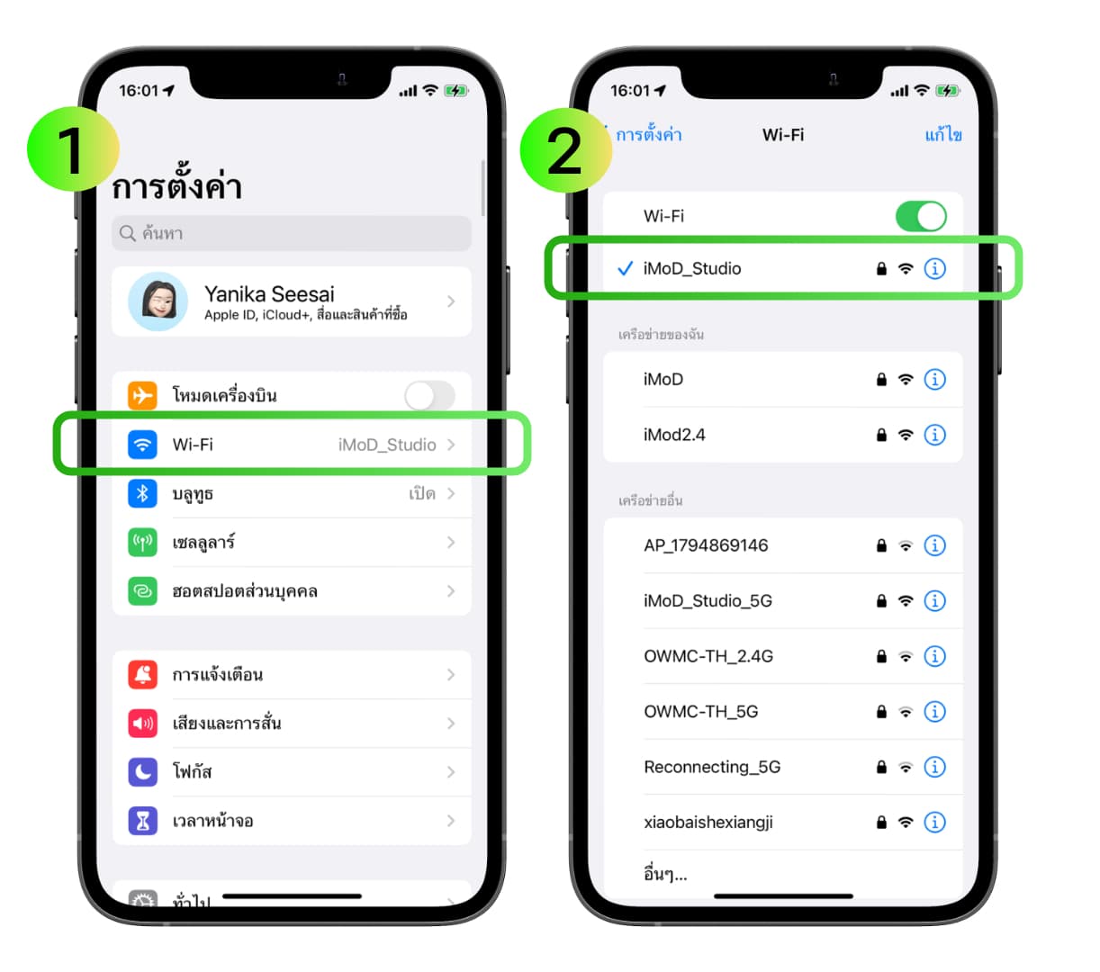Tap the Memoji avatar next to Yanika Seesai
tap(158, 301)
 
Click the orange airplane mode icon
tap(143, 395)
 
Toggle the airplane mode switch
tap(429, 395)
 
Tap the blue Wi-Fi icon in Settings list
tap(143, 445)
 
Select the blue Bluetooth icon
tap(143, 493)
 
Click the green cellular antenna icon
tap(143, 543)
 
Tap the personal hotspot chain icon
tap(143, 591)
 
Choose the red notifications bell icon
tap(143, 675)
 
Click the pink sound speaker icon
tap(143, 724)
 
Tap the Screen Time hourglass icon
tap(143, 822)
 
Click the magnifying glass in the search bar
tap(128, 233)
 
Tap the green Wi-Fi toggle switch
tap(921, 216)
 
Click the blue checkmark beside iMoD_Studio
tap(626, 268)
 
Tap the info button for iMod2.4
tap(934, 435)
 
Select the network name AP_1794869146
tap(706, 545)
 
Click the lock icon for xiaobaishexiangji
tap(881, 823)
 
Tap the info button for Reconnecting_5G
tap(934, 768)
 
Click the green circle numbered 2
tap(565, 150)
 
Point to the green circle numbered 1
tap(73, 148)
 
